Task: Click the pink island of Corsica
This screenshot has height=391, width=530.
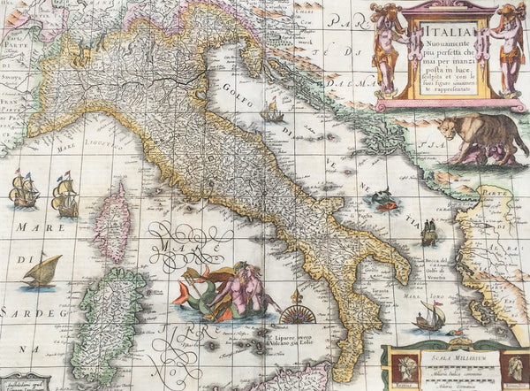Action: click(112, 220)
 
